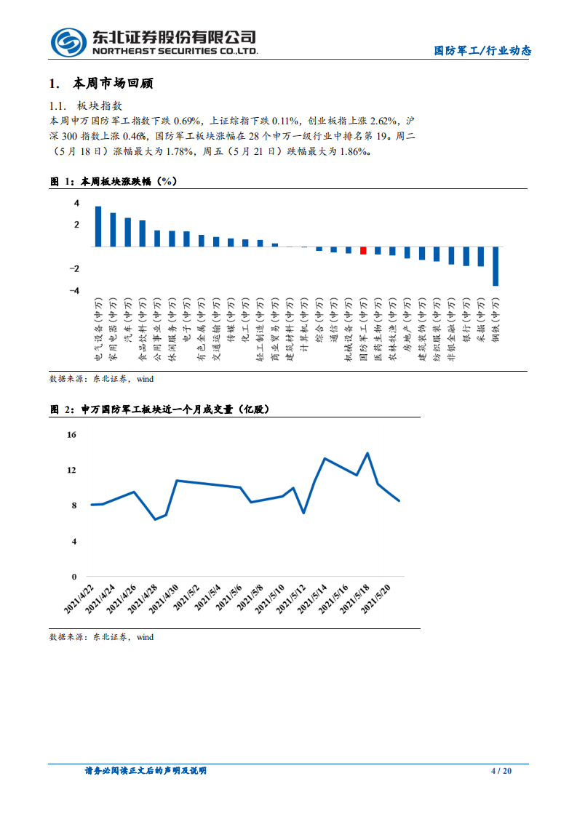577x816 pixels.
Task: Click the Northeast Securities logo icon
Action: tap(68, 42)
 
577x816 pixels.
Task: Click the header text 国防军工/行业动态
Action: tap(482, 51)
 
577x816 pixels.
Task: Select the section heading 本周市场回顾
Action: tap(114, 84)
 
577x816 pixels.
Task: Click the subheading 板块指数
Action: tap(104, 105)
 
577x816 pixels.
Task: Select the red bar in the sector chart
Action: tap(363, 250)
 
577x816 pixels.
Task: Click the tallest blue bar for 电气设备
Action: tap(98, 226)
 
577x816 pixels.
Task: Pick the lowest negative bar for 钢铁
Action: tap(496, 266)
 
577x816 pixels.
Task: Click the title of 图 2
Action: tap(159, 410)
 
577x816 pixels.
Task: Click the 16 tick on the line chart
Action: tap(71, 435)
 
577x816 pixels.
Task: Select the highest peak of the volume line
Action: tap(367, 453)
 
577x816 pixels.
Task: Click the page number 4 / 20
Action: tap(501, 771)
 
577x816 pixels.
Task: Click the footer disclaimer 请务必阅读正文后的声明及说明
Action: tap(146, 771)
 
